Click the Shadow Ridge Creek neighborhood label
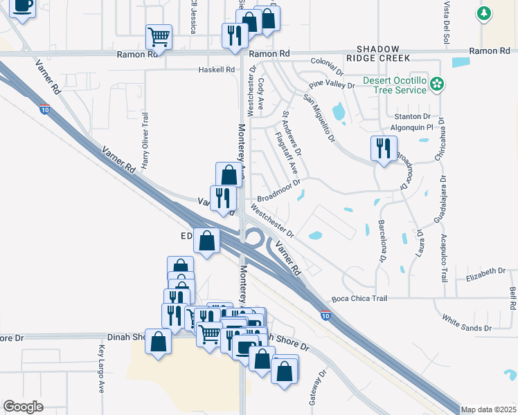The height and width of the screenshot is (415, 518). (x=378, y=53)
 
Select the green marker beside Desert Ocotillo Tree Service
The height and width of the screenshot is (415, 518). (x=436, y=84)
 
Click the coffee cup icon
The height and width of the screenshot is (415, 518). (x=22, y=7)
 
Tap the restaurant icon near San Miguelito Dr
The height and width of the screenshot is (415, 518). (x=382, y=148)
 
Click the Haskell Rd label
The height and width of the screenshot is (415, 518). (x=217, y=69)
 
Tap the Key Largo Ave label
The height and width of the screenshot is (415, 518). (x=101, y=369)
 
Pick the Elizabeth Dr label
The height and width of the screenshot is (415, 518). (x=486, y=273)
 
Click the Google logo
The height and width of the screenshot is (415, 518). (x=23, y=406)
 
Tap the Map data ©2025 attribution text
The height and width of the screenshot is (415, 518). (x=488, y=409)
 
